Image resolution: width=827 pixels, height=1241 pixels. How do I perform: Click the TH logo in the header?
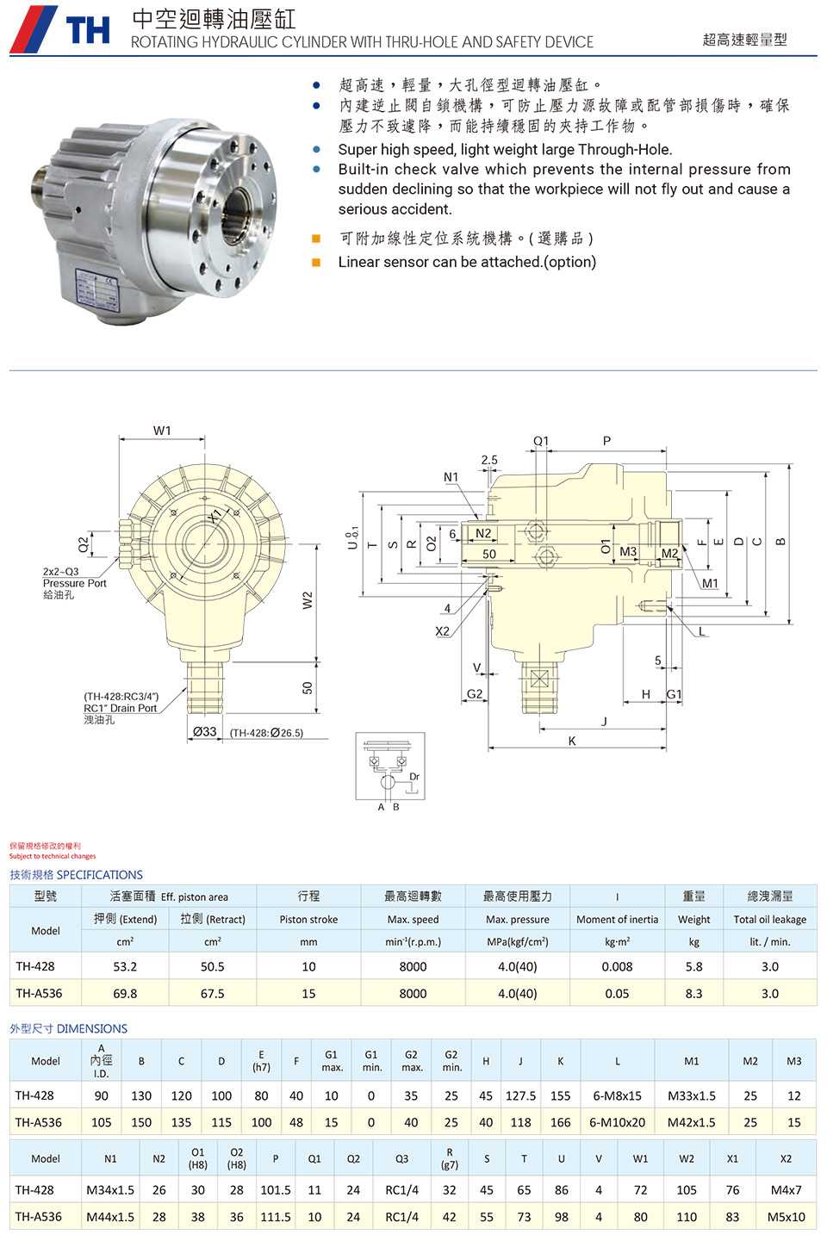(x=59, y=28)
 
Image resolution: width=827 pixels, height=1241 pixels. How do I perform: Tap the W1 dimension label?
(x=162, y=431)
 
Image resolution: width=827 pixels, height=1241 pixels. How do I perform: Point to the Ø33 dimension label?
(x=204, y=732)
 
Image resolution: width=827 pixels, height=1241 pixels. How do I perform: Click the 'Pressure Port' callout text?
(x=74, y=583)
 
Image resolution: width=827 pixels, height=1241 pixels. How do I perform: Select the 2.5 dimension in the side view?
(x=489, y=460)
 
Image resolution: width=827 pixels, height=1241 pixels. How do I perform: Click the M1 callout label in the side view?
(x=710, y=583)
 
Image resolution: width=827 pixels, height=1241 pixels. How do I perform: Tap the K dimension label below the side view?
(x=572, y=741)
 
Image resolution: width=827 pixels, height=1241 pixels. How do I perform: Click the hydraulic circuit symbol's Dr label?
(x=414, y=776)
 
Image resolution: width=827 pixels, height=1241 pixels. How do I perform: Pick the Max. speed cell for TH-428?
(x=413, y=967)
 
